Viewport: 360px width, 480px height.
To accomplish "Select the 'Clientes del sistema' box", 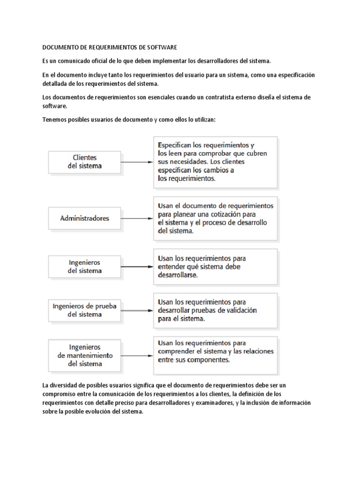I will pos(84,162).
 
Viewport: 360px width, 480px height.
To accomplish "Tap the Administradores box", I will pos(84,218).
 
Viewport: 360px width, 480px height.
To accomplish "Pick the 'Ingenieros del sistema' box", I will pos(84,267).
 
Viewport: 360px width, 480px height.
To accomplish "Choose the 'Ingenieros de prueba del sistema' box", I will pos(84,310).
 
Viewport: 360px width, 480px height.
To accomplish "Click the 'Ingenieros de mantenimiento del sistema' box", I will pos(84,355).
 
